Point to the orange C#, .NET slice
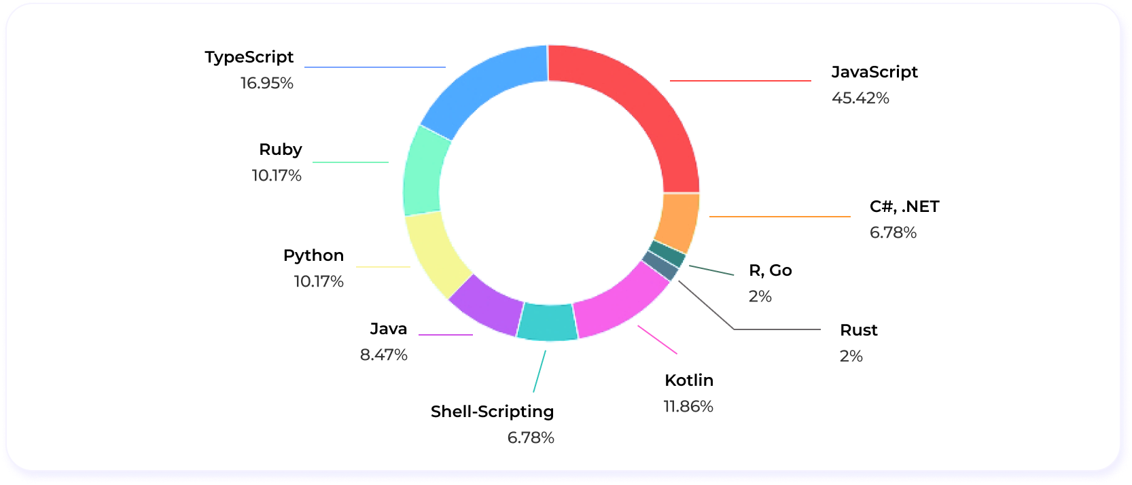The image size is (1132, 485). pos(678,221)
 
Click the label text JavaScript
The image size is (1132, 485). pos(874,72)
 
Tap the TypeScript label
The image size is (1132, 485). pos(249,57)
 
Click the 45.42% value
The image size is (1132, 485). pos(860,98)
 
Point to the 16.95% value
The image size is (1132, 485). pos(267,83)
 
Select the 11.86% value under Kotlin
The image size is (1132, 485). pos(688,406)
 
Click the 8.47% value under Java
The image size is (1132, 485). pos(384,355)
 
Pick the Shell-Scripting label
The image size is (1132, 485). pos(492,412)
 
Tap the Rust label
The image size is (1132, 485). pos(859,330)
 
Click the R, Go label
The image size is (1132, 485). pos(771,270)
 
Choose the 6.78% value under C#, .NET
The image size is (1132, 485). pos(893,232)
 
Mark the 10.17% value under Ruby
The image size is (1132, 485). pos(277,175)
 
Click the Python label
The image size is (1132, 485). pos(313,255)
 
